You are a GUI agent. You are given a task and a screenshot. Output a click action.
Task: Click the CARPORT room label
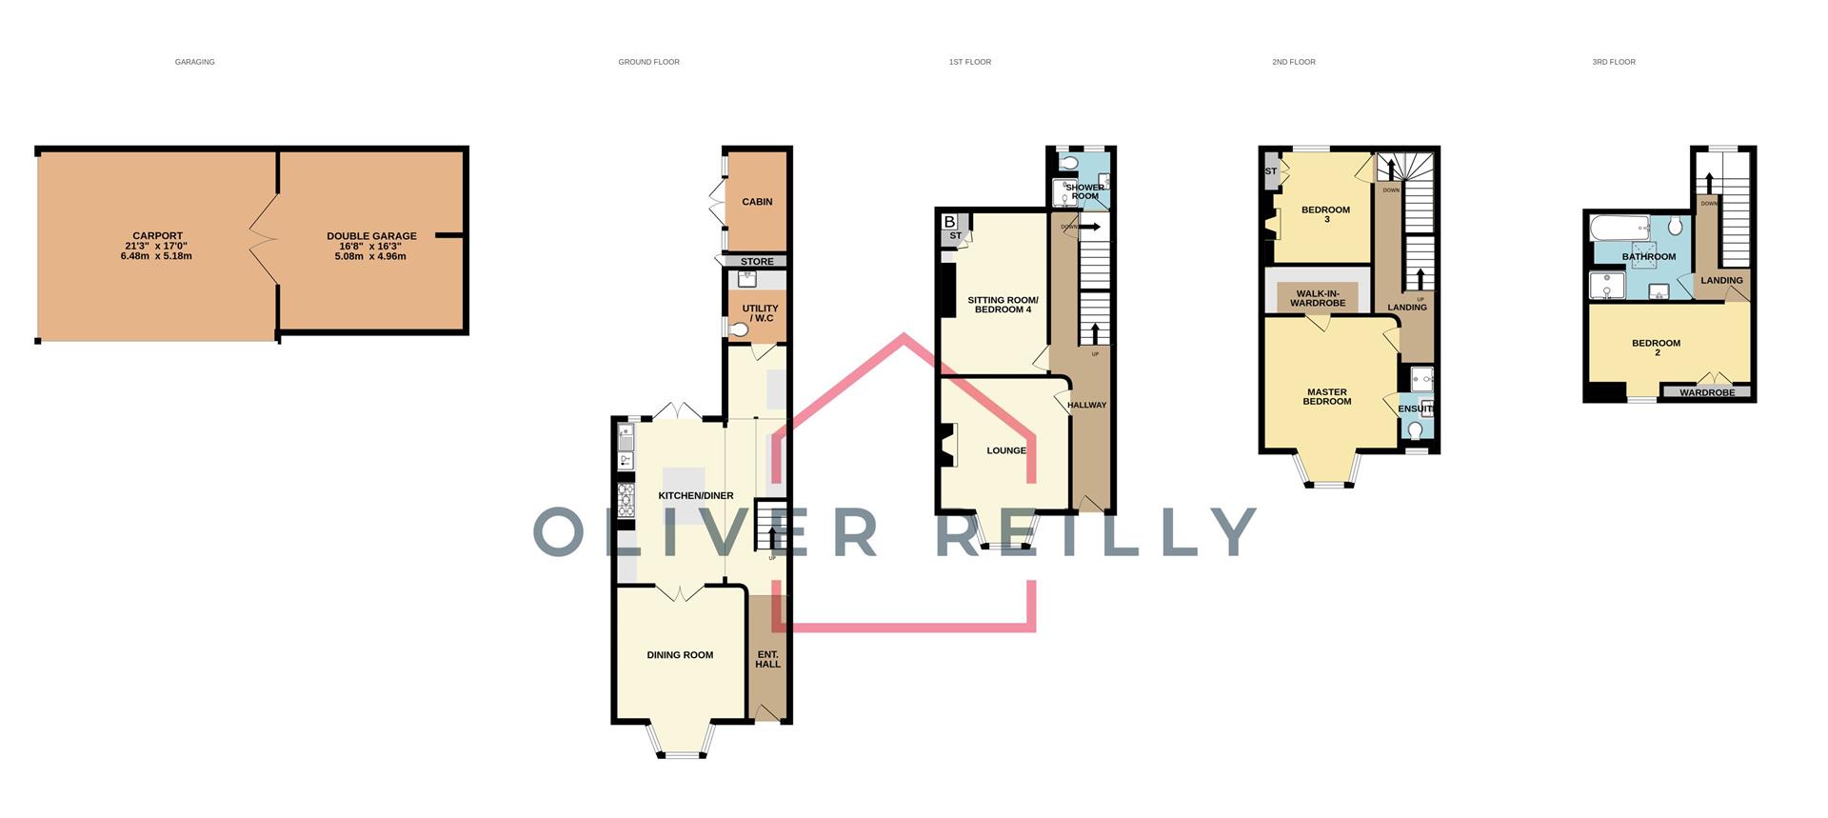click(157, 236)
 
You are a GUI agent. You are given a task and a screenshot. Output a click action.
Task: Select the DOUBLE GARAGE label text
click(371, 236)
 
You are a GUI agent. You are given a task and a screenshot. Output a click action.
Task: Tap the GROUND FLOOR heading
click(648, 62)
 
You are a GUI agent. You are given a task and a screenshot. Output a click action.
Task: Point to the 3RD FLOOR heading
click(1614, 62)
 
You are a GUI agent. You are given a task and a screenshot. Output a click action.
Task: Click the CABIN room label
click(757, 202)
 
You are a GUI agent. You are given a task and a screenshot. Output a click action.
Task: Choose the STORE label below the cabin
click(757, 262)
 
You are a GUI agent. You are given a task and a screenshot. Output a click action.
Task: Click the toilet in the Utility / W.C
click(740, 329)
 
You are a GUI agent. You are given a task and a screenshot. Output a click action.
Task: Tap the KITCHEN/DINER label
click(696, 496)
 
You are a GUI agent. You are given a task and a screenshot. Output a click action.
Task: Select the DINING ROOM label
click(680, 655)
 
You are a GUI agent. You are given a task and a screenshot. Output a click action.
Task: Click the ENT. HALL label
click(767, 659)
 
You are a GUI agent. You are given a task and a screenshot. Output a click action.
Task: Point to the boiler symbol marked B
click(949, 222)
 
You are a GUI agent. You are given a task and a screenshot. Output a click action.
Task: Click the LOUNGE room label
click(1006, 450)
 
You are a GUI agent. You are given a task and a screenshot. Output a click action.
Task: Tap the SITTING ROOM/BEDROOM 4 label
click(1003, 305)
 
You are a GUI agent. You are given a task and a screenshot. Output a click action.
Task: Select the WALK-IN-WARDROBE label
click(1318, 298)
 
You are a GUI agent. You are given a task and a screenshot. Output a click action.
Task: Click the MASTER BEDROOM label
click(1327, 396)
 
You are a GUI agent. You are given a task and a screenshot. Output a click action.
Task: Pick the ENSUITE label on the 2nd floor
click(1415, 409)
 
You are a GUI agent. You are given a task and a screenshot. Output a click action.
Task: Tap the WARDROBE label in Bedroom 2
click(1707, 392)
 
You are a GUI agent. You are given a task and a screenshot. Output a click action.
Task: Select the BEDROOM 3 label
click(1325, 214)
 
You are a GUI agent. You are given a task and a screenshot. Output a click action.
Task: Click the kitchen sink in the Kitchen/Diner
click(626, 439)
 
